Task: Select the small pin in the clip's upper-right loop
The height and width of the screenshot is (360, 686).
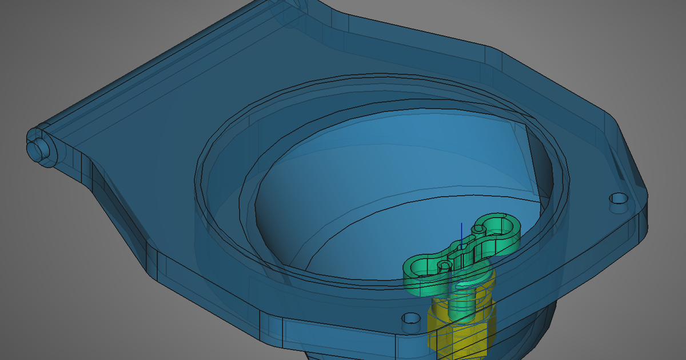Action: pyautogui.click(x=480, y=228)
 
